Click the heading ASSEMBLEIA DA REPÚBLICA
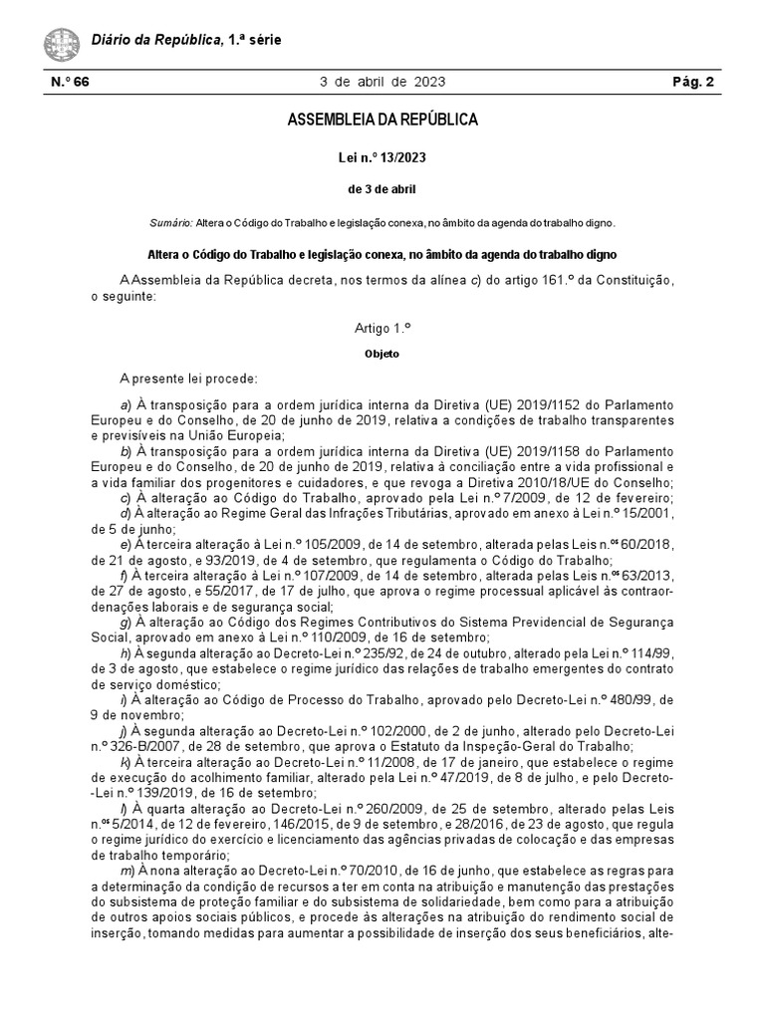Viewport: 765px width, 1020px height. [x=382, y=121]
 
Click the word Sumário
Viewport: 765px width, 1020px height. [x=171, y=222]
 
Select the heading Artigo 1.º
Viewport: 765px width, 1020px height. [x=382, y=327]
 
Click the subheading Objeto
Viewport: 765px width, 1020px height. [x=382, y=353]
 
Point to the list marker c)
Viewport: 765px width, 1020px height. [x=125, y=497]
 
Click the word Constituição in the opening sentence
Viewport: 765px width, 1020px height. [x=631, y=281]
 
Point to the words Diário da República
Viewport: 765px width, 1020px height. [x=155, y=40]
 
